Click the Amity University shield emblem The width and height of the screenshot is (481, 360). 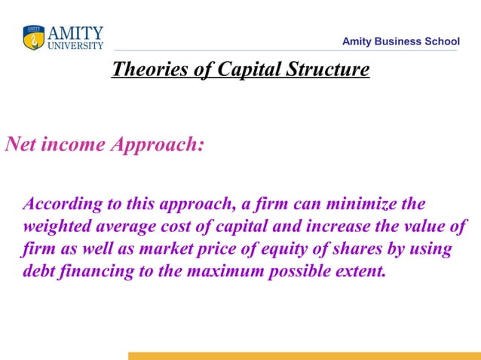tap(34, 38)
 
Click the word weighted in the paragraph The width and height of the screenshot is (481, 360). tap(55, 227)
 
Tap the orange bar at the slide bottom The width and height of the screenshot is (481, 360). tap(304, 355)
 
